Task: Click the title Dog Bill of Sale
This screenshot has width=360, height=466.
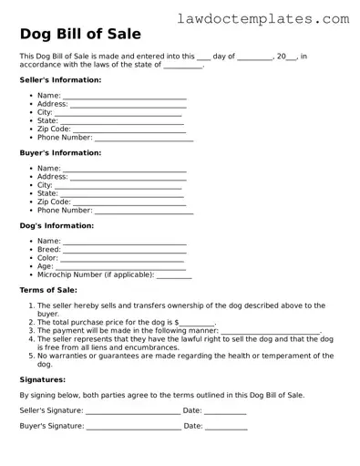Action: (80, 35)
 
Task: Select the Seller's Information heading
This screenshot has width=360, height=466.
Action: (60, 79)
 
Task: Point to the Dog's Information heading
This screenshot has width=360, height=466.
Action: (57, 225)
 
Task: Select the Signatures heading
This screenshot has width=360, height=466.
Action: (43, 378)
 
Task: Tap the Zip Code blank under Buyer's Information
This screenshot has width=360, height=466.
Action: (129, 202)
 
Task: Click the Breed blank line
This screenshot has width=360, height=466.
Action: (125, 250)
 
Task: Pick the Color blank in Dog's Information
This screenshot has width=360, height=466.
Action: (123, 259)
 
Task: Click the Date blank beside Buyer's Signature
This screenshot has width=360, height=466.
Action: (226, 428)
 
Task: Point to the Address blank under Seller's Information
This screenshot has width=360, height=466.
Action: (128, 105)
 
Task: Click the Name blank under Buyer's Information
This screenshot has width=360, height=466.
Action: (125, 170)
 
